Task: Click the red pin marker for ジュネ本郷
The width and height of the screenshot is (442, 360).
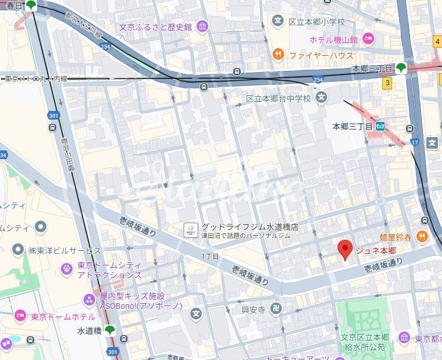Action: (345, 250)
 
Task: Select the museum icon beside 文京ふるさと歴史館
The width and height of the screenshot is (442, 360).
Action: (202, 27)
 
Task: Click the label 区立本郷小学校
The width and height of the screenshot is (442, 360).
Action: (317, 22)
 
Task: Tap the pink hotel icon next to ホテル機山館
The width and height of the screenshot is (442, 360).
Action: (368, 39)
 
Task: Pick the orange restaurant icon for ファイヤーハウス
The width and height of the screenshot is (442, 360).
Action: (278, 55)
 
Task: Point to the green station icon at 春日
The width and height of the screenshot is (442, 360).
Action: (31, 6)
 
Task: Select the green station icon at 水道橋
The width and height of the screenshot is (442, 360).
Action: (110, 330)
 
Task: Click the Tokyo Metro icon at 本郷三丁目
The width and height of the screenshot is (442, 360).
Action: (381, 125)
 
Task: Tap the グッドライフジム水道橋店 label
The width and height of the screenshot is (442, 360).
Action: (249, 227)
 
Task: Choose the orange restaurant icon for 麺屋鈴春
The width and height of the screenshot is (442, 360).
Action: (422, 236)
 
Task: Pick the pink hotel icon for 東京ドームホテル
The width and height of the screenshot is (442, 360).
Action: (21, 316)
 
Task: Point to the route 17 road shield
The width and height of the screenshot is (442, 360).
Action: (414, 142)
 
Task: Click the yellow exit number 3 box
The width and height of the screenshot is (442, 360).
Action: (386, 83)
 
